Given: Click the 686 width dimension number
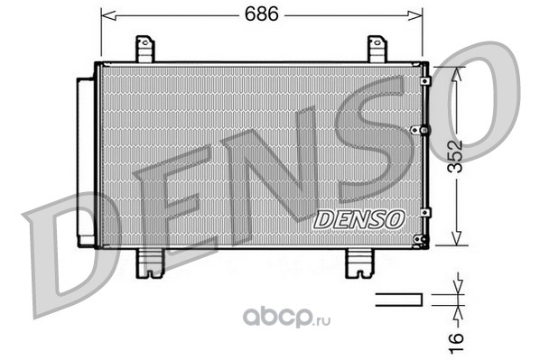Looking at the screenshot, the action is tap(261, 14).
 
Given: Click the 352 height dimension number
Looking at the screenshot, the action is tap(455, 156).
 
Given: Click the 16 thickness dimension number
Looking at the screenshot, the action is tap(456, 342).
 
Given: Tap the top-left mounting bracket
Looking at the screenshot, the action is tap(145, 49).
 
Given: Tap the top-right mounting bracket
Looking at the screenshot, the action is tap(377, 49).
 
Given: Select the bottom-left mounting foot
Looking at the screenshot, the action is tap(150, 263).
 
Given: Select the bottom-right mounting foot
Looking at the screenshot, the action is tap(359, 263).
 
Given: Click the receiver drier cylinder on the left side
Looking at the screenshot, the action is tap(86, 162).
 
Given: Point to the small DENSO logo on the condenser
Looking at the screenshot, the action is tap(358, 219).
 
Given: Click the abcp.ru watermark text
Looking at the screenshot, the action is tap(286, 318).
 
